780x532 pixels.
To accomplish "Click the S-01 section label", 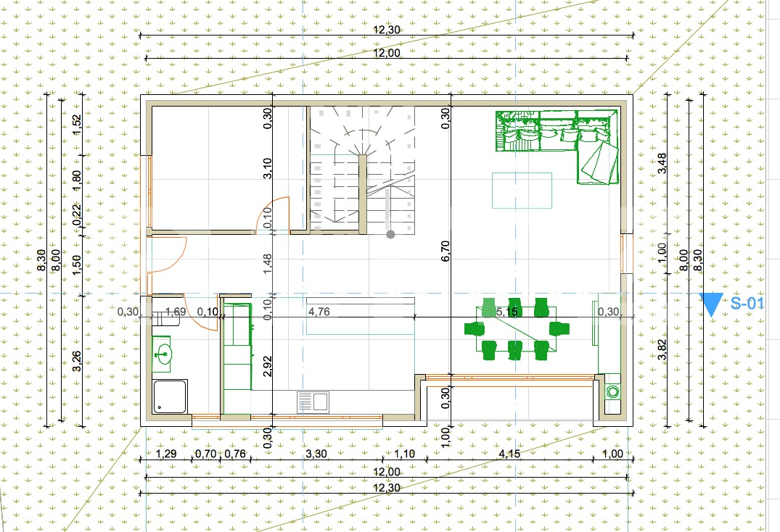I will (747, 304).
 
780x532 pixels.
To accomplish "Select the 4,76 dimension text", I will (320, 312).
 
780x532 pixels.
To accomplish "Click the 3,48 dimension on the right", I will (662, 163).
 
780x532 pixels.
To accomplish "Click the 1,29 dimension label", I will (168, 454).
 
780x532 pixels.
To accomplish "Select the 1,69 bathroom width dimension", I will (176, 312).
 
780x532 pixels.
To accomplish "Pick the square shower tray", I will (171, 396).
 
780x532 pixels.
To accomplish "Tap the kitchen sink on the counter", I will (313, 402).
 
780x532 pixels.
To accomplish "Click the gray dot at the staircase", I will (390, 234).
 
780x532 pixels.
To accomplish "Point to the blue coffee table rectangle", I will (521, 190).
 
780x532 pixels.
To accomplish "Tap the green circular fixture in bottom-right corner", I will (613, 392).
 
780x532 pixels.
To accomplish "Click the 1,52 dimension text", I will (78, 125).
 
